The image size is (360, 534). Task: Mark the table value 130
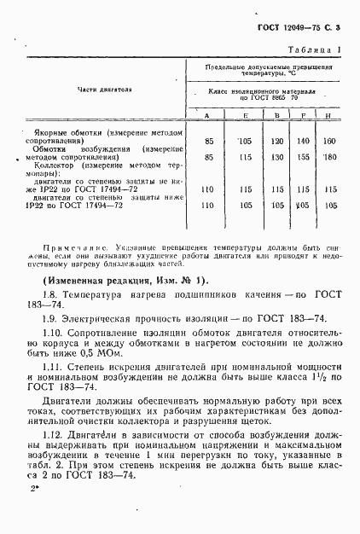(275, 157)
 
